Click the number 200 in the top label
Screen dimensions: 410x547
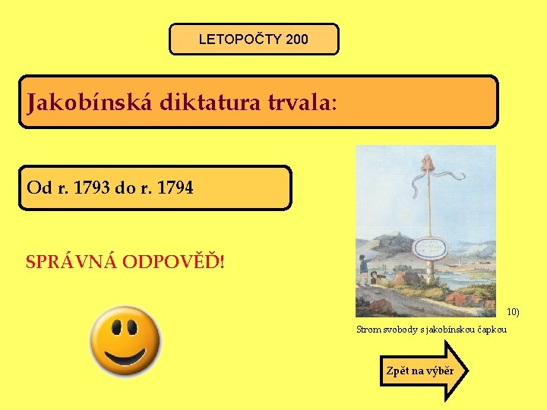pos(298,39)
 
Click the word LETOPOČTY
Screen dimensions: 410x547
pos(241,39)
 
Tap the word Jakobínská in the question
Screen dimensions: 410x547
pos(90,102)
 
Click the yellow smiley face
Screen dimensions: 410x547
pos(125,341)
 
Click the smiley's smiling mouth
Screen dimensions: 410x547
pos(125,355)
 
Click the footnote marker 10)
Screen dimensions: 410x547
pos(514,312)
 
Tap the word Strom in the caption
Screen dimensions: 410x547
pos(368,330)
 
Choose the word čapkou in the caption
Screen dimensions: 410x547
pos(492,330)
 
